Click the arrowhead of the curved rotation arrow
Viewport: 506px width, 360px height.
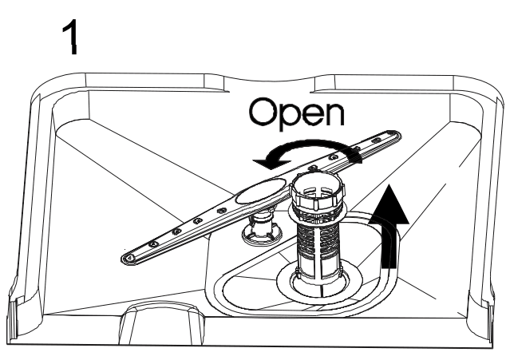(x=261, y=162)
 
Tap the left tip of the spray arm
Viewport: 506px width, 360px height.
(x=127, y=258)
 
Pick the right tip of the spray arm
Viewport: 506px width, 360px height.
(x=399, y=143)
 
